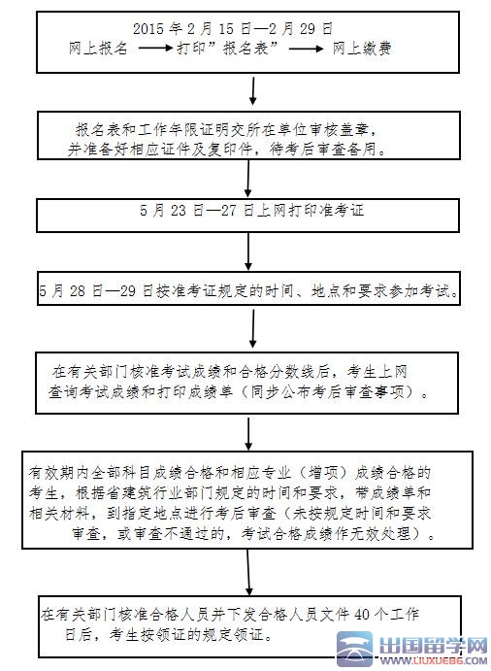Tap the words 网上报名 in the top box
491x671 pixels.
tap(99, 47)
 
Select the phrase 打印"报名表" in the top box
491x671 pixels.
tap(229, 47)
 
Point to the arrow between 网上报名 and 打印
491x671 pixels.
tap(152, 47)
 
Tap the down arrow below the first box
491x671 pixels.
tap(253, 90)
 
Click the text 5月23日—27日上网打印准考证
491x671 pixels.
tap(250, 209)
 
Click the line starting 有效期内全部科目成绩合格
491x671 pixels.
tap(228, 472)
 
